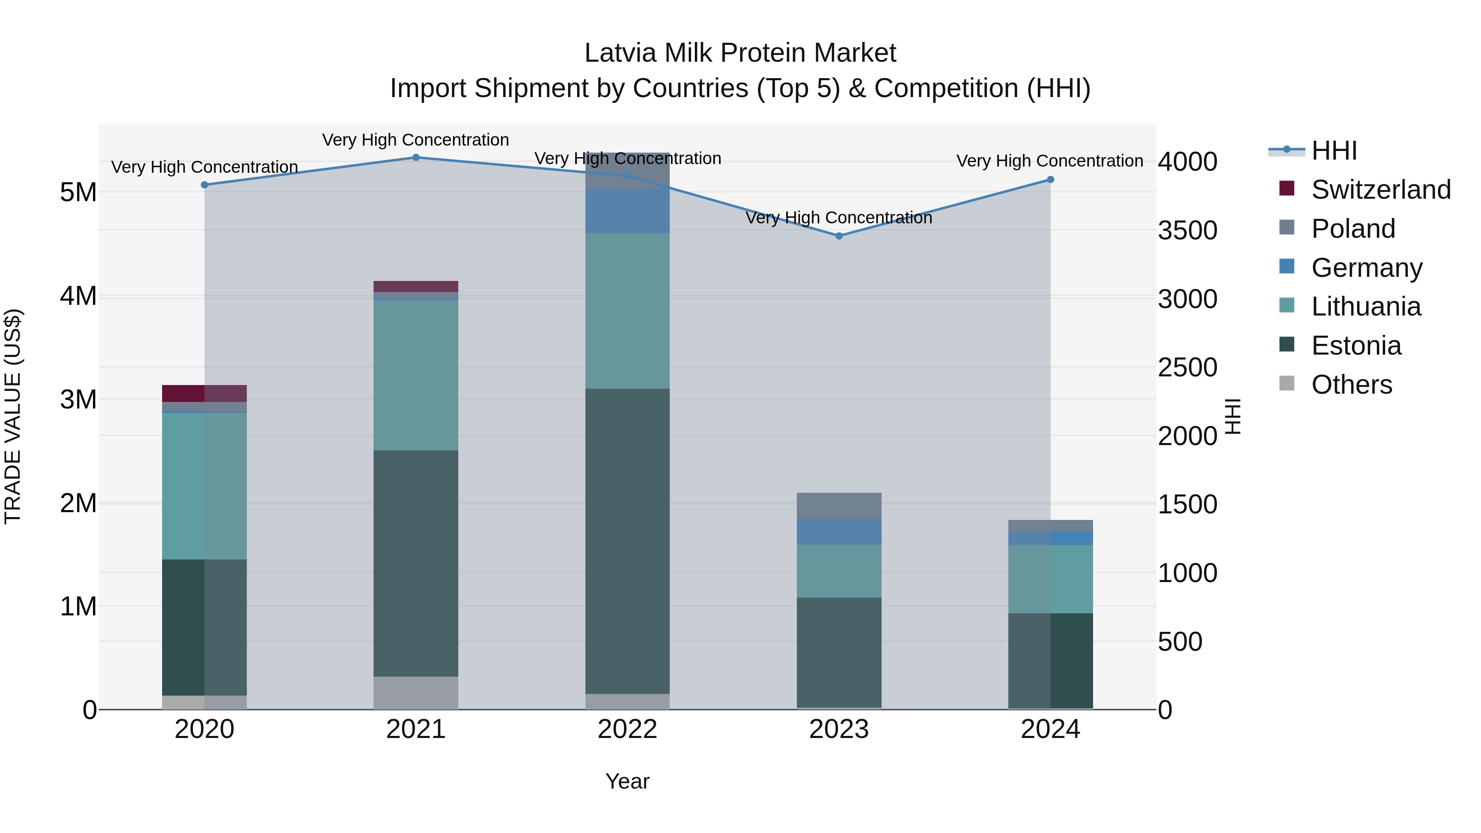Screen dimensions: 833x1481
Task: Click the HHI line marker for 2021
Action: tap(416, 158)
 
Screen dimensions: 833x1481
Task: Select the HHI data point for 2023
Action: tap(839, 236)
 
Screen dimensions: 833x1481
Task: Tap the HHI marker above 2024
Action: tap(1050, 179)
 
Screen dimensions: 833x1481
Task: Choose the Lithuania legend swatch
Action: tap(1287, 306)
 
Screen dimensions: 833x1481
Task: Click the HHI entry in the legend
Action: tap(1334, 151)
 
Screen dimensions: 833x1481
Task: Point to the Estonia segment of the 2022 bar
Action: tap(627, 541)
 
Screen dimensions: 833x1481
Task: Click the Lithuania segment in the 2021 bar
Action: tap(416, 375)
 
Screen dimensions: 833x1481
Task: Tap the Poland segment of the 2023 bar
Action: tap(839, 506)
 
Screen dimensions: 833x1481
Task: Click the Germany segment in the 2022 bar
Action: tap(627, 210)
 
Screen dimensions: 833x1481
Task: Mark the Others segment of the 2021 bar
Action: tap(416, 693)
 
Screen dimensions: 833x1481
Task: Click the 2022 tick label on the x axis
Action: tap(627, 729)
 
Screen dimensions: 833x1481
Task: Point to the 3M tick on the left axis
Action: tap(78, 399)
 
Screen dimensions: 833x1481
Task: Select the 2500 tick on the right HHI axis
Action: tap(1187, 367)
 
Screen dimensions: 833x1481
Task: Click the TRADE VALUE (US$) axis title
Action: tap(13, 416)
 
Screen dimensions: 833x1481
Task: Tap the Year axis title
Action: tap(627, 781)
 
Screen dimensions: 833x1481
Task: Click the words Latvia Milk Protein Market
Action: tap(740, 53)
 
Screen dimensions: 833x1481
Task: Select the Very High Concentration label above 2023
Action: tap(839, 218)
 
